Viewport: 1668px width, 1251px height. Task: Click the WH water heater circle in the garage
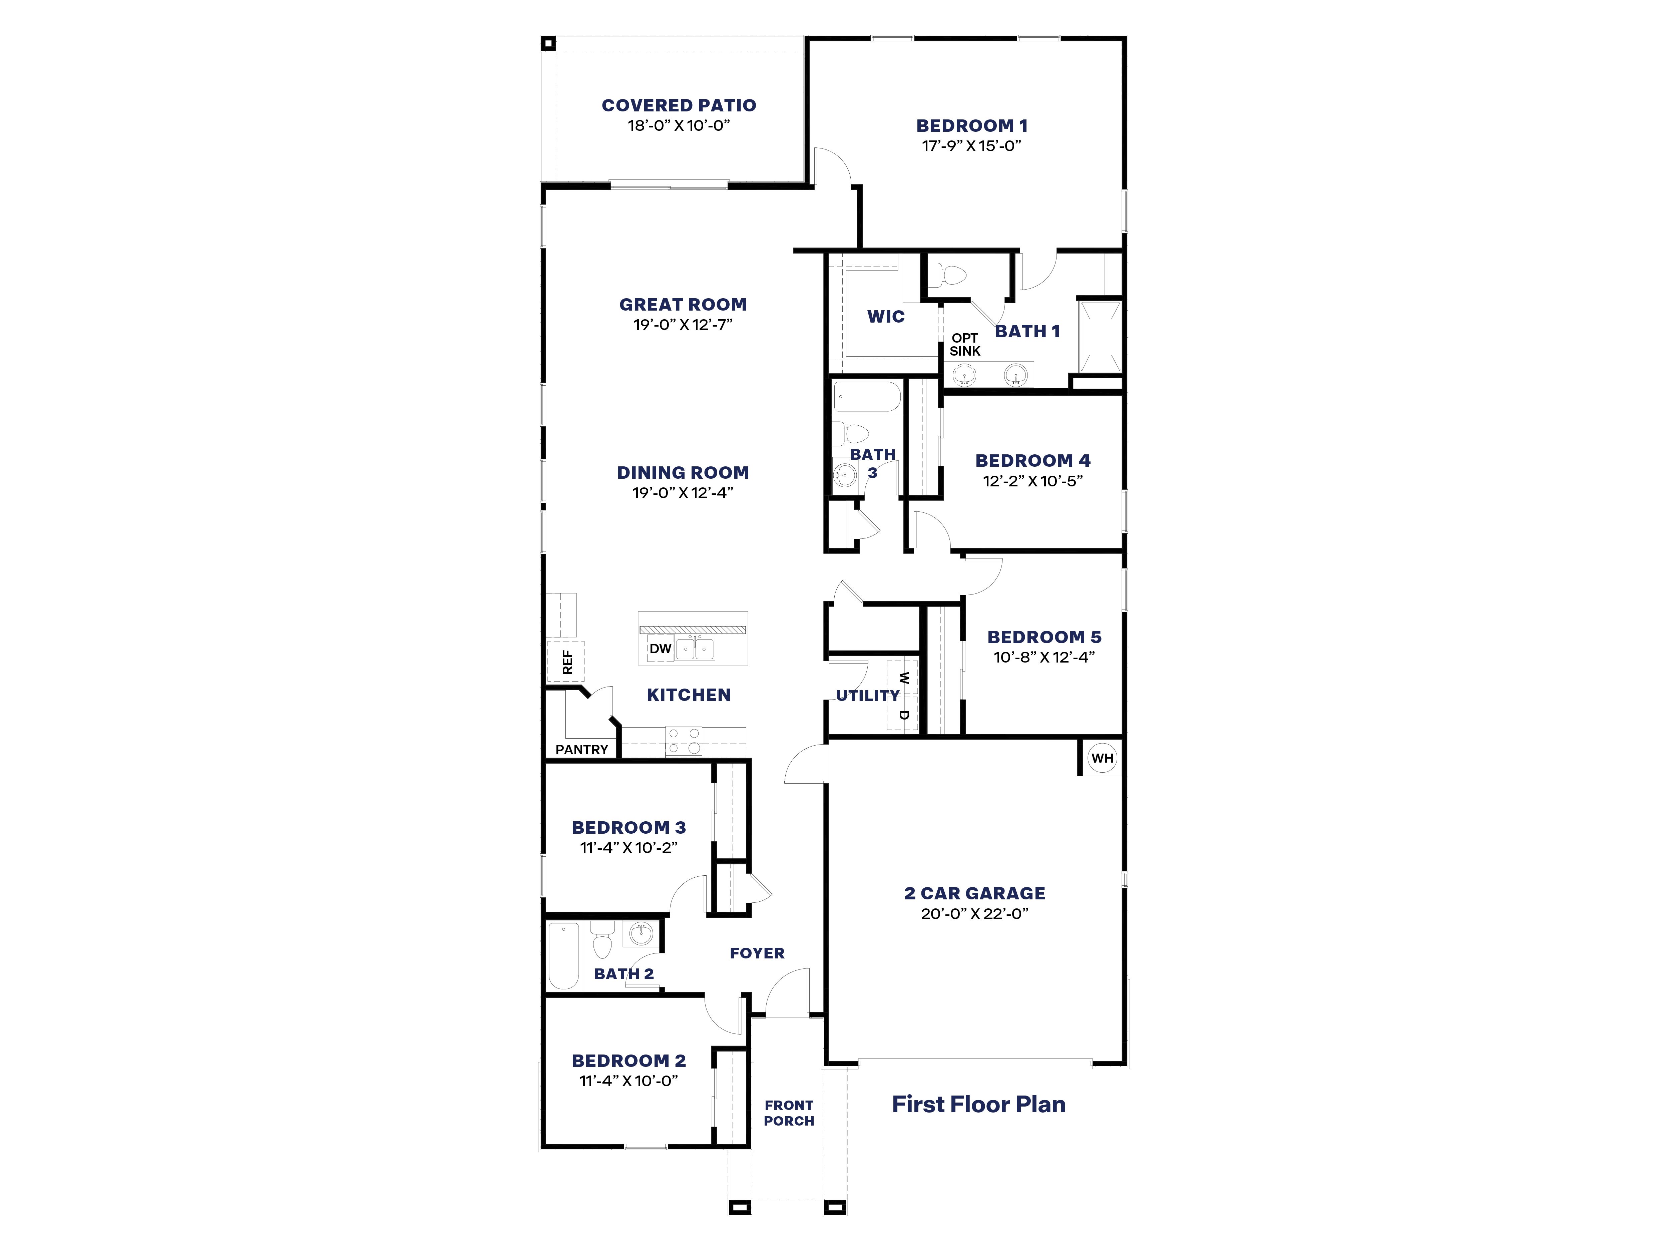pyautogui.click(x=1102, y=758)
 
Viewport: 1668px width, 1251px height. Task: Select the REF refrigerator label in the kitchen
pyautogui.click(x=567, y=662)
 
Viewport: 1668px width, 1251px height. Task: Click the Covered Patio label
pyautogui.click(x=679, y=105)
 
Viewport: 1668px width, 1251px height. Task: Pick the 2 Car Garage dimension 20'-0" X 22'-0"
pyautogui.click(x=974, y=913)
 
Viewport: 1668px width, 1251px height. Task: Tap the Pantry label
pyautogui.click(x=581, y=750)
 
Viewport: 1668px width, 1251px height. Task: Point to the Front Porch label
pyautogui.click(x=789, y=1113)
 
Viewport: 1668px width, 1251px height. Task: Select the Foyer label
pyautogui.click(x=757, y=953)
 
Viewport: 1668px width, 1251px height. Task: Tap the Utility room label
pyautogui.click(x=867, y=695)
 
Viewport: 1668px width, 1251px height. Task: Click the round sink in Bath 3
pyautogui.click(x=845, y=475)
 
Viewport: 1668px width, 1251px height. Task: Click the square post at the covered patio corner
pyautogui.click(x=548, y=44)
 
